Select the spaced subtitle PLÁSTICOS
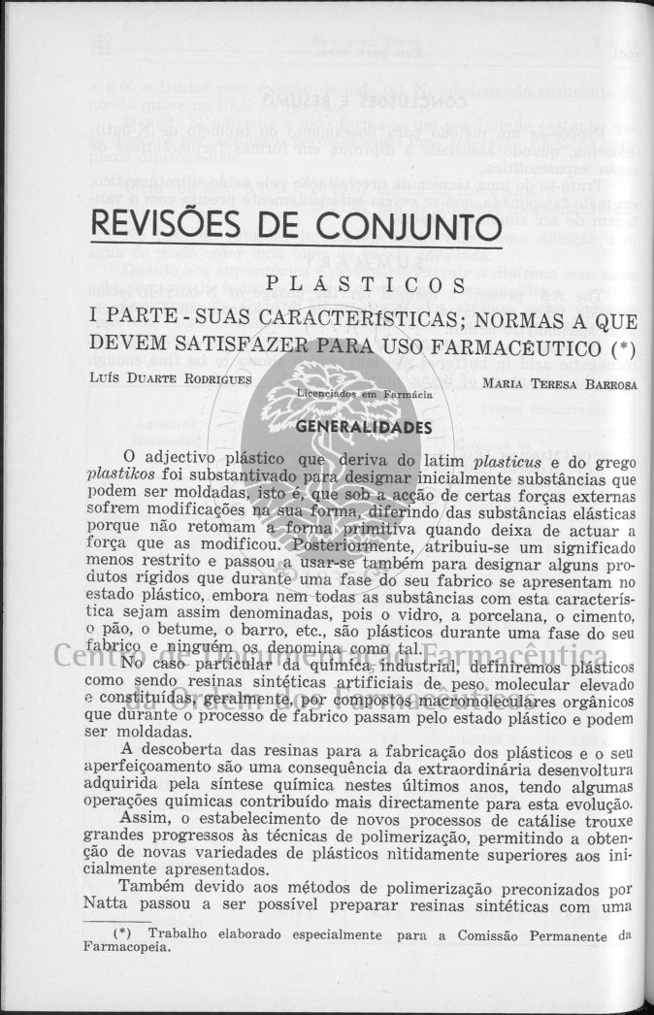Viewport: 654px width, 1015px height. (364, 285)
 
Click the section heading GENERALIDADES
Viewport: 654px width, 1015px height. (363, 426)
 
